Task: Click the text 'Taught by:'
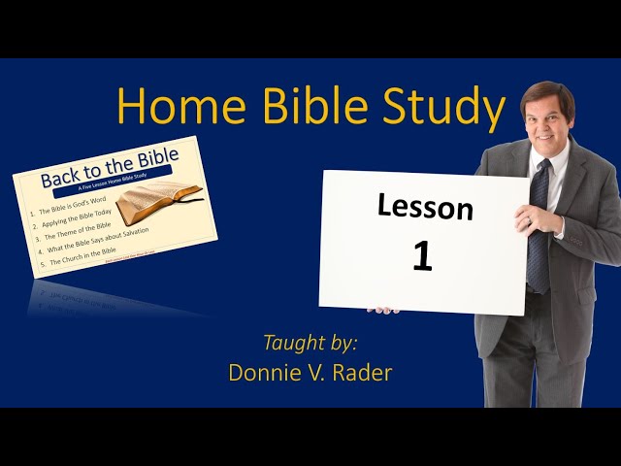point(310,342)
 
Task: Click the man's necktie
point(539,228)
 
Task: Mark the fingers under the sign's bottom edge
point(382,310)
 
